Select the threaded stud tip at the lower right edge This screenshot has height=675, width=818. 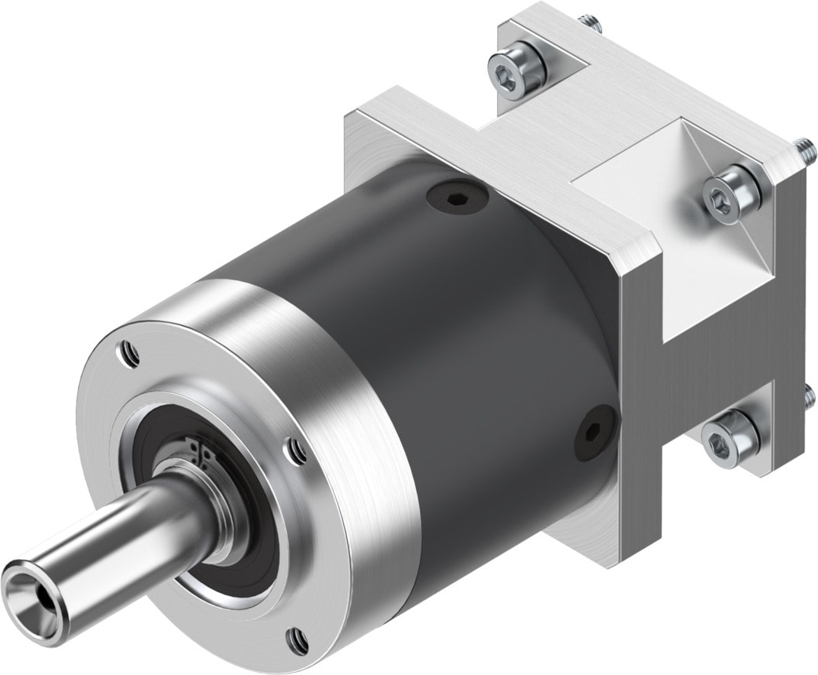click(x=809, y=396)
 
